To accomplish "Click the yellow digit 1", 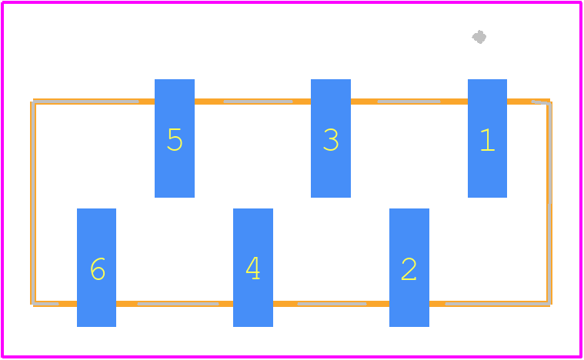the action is click(488, 139).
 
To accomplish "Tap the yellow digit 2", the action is click(409, 268).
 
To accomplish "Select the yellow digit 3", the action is click(331, 139).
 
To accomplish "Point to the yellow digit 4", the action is click(253, 268).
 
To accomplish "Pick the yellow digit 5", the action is click(175, 139).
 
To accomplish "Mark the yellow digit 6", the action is click(98, 268).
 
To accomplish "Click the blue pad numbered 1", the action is click(487, 138).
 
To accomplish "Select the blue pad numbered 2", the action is click(409, 268).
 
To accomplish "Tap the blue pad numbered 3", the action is click(331, 138).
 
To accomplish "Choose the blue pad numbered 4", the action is click(253, 268).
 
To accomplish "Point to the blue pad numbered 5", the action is click(175, 138).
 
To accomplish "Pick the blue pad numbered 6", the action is click(96, 268).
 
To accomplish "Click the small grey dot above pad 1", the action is click(479, 37).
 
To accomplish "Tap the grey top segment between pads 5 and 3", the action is click(258, 102).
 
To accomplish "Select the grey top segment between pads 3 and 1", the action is click(409, 102).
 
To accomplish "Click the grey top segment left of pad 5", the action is click(85, 102).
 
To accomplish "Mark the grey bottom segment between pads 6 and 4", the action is click(178, 304).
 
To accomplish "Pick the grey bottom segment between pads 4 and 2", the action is click(332, 304).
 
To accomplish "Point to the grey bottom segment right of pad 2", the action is click(498, 304).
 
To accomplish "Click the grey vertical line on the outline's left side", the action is click(34, 203).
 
